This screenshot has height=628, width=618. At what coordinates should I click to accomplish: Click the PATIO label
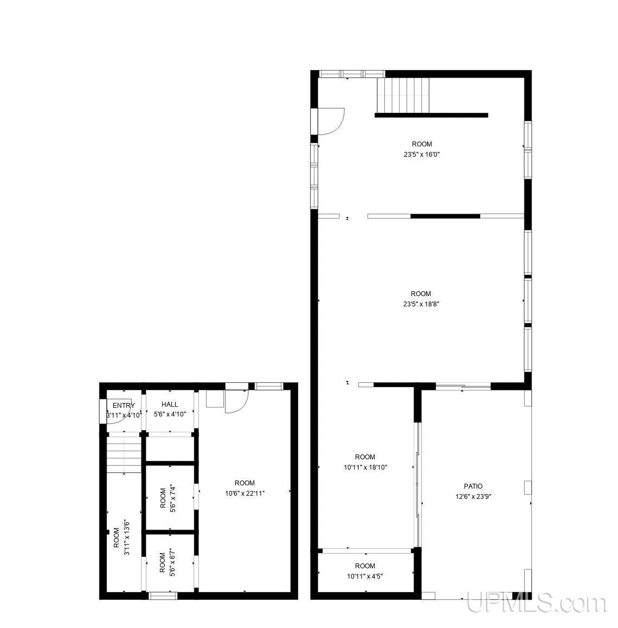pyautogui.click(x=473, y=486)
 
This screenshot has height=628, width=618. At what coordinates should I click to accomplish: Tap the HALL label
pyautogui.click(x=170, y=404)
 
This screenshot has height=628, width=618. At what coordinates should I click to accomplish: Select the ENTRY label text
pyautogui.click(x=124, y=405)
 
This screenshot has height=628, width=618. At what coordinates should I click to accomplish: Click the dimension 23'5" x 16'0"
pyautogui.click(x=421, y=154)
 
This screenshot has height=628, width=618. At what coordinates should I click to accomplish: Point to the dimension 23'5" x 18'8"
pyautogui.click(x=421, y=304)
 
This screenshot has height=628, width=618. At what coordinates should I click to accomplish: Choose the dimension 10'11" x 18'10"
pyautogui.click(x=365, y=467)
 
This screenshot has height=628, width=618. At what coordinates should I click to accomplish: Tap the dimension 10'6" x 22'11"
pyautogui.click(x=244, y=493)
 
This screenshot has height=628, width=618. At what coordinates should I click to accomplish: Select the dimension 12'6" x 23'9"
pyautogui.click(x=473, y=496)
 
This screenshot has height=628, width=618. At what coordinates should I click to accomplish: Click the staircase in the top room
pyautogui.click(x=403, y=94)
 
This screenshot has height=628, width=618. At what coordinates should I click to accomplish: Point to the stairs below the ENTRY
pyautogui.click(x=124, y=454)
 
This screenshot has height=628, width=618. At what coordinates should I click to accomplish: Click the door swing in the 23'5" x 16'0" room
pyautogui.click(x=330, y=121)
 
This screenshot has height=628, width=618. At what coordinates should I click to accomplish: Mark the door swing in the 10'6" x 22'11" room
pyautogui.click(x=236, y=402)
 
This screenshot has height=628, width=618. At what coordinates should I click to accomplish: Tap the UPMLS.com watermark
pyautogui.click(x=536, y=603)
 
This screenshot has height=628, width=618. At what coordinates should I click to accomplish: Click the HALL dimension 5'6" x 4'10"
pyautogui.click(x=170, y=414)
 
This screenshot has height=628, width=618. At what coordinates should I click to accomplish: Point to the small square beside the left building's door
pyautogui.click(x=215, y=399)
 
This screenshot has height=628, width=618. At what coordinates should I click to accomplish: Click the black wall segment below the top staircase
pyautogui.click(x=431, y=115)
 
